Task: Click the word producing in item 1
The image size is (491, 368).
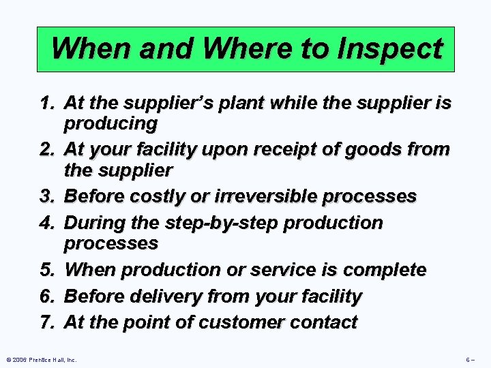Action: click(110, 124)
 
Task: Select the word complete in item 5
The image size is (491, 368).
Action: click(385, 270)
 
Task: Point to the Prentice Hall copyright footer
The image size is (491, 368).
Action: click(40, 359)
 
